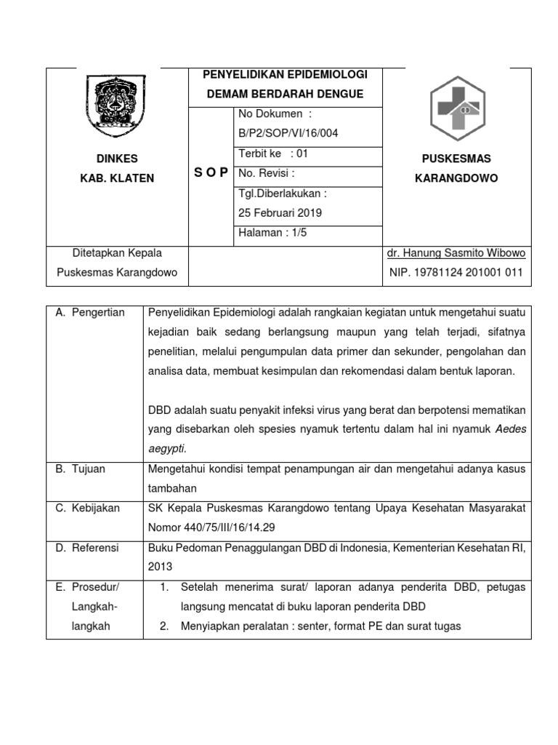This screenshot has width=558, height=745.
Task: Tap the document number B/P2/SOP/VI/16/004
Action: coord(288,133)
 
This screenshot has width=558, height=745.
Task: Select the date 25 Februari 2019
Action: coord(280,213)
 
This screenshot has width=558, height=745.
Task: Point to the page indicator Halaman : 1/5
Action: coord(270,233)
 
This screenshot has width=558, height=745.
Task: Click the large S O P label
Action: coord(211,172)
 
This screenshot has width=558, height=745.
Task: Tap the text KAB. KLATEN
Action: coord(117,178)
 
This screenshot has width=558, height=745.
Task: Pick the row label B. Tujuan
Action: coord(81,469)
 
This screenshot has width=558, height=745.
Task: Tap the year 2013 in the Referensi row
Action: coord(160,566)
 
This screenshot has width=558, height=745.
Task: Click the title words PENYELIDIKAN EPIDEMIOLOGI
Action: coord(286,75)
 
